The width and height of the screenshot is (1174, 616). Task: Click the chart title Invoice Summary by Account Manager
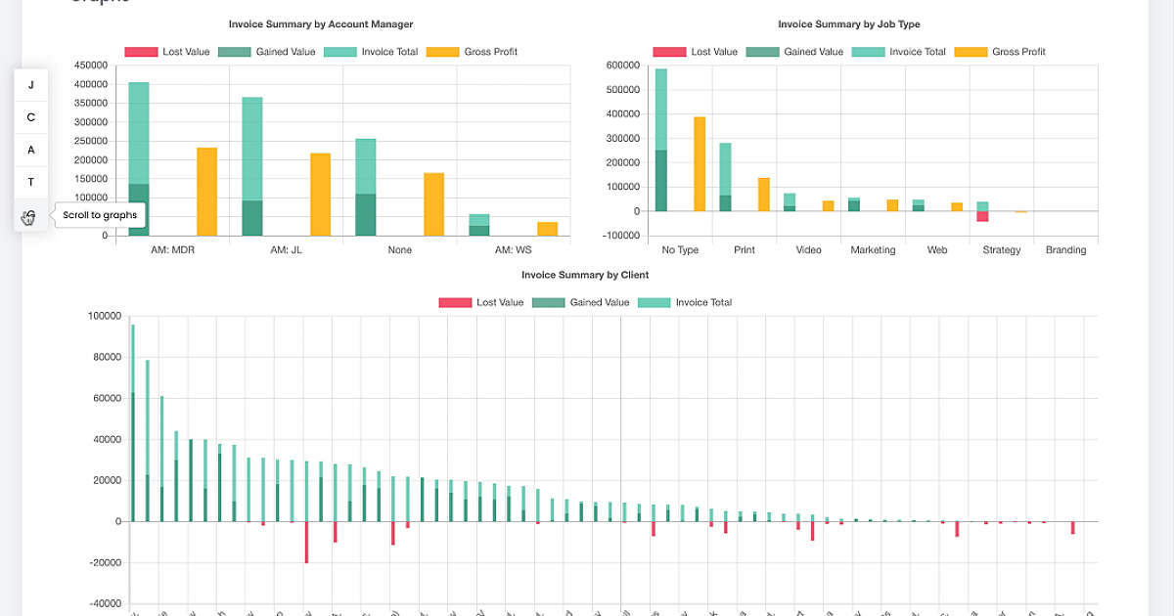coord(321,24)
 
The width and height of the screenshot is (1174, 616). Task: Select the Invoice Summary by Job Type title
coord(849,24)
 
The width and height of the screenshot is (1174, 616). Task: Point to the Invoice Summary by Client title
coord(585,276)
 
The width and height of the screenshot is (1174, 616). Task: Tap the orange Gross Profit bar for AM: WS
coord(547,229)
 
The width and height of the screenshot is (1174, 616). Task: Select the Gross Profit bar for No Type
coord(700,164)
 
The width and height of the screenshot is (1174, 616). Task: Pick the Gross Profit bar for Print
coord(764,195)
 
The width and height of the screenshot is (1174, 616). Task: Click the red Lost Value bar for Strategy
coord(982,217)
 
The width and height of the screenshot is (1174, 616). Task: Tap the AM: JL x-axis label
coord(286,250)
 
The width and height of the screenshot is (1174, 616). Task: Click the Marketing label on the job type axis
coord(873,250)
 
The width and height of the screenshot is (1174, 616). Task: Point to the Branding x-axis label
coord(1065,250)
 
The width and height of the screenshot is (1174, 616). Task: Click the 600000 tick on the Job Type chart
coord(622,66)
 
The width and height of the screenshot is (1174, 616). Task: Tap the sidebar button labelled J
coord(31,85)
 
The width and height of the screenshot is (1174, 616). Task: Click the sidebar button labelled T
coord(31,182)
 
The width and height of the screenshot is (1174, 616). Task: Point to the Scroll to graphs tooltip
coord(100,215)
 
